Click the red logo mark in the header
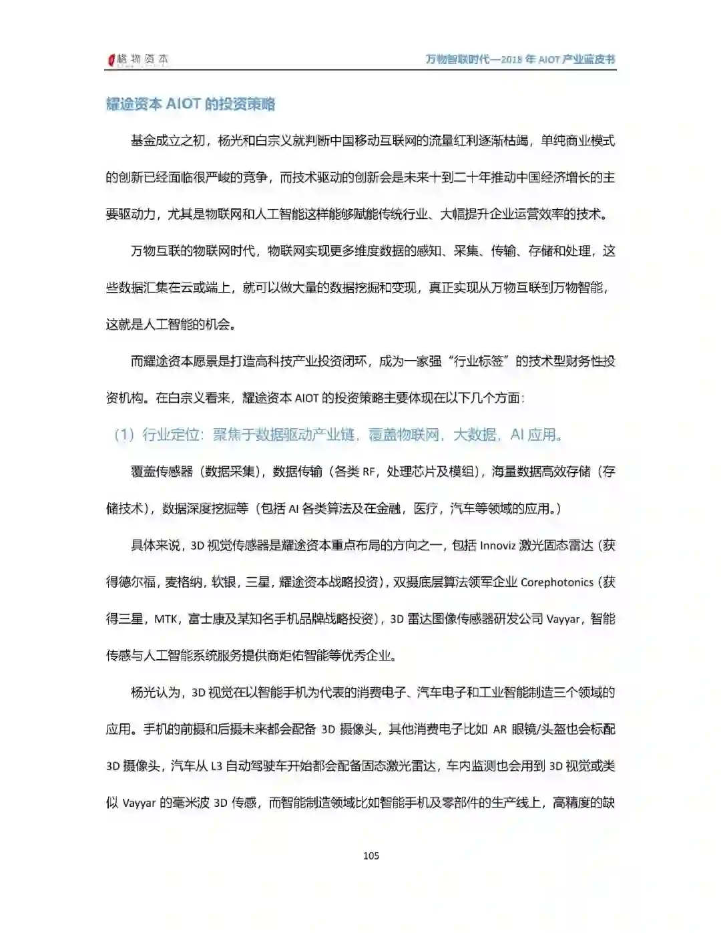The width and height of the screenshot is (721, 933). (x=111, y=60)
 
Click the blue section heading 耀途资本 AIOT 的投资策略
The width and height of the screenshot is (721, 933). (x=190, y=104)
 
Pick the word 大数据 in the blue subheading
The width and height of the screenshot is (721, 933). (x=475, y=435)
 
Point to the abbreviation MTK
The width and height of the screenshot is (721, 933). (x=166, y=619)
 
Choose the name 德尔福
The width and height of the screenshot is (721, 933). (x=138, y=582)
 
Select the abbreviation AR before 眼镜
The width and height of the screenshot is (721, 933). (x=500, y=729)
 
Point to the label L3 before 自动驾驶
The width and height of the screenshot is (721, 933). (x=216, y=766)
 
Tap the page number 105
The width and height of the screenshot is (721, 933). (x=371, y=856)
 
